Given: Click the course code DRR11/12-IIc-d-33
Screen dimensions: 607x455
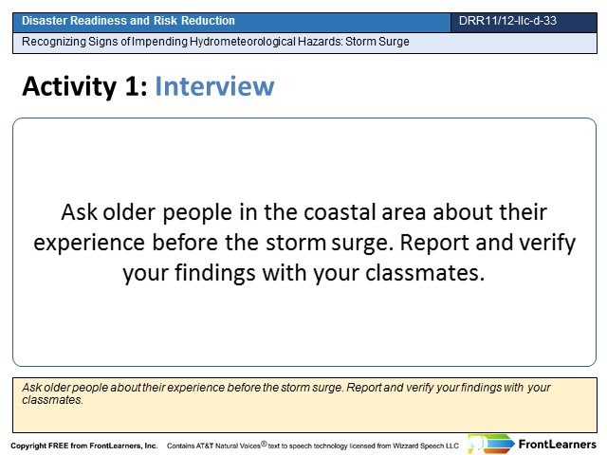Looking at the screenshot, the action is pyautogui.click(x=507, y=21).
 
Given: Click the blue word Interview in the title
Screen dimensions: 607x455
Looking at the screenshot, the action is pyautogui.click(x=214, y=86).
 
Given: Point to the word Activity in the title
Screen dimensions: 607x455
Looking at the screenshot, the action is pyautogui.click(x=69, y=86).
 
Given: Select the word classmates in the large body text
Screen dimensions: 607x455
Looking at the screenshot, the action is pyautogui.click(x=425, y=273).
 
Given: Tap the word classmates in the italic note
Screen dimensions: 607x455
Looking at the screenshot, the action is pyautogui.click(x=52, y=400).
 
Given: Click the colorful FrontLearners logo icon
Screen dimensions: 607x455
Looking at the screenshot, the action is pyautogui.click(x=490, y=445).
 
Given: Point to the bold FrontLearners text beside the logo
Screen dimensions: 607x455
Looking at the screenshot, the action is pyautogui.click(x=557, y=445).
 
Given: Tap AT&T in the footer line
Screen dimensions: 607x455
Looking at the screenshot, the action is pyautogui.click(x=205, y=446).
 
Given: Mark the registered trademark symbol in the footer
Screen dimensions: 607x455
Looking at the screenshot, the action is pyautogui.click(x=264, y=444).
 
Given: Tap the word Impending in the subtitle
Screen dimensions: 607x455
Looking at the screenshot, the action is pyautogui.click(x=159, y=42).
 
